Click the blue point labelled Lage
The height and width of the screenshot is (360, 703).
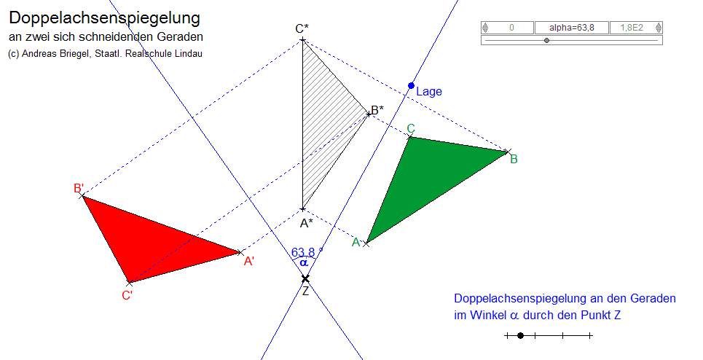pyautogui.click(x=411, y=85)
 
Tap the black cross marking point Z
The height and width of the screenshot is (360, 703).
pyautogui.click(x=305, y=278)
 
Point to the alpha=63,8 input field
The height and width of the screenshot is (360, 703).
pyautogui.click(x=571, y=28)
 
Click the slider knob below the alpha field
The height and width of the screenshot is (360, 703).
pyautogui.click(x=546, y=41)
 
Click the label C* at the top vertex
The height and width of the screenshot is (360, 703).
pyautogui.click(x=302, y=28)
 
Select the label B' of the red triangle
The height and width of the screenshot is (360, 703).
pyautogui.click(x=79, y=188)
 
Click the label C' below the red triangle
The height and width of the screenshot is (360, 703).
pyautogui.click(x=127, y=295)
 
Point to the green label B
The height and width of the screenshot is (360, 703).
pyautogui.click(x=514, y=159)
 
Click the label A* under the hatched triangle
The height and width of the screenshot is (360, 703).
pyautogui.click(x=306, y=223)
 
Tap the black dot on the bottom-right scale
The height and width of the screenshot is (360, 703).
pyautogui.click(x=520, y=335)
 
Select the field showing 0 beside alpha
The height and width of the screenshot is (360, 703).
pyautogui.click(x=511, y=28)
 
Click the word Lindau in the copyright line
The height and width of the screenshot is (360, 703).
pyautogui.click(x=186, y=54)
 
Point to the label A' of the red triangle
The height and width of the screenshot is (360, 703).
pyautogui.click(x=249, y=261)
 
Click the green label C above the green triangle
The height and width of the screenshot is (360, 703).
pyautogui.click(x=411, y=129)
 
